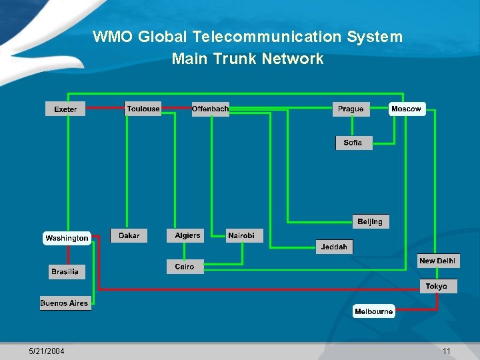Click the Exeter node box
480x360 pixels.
(65, 109)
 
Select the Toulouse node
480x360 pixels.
(143, 109)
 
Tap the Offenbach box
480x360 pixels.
(210, 109)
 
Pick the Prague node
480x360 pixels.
(351, 109)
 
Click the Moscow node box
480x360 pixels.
(406, 109)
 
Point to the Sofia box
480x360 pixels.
(353, 143)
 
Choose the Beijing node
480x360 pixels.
(370, 221)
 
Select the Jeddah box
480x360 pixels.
(334, 247)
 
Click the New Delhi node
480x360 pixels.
(437, 261)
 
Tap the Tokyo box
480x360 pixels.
(437, 286)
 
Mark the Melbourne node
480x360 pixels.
(373, 311)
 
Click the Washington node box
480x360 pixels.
(67, 238)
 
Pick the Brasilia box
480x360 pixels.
(65, 271)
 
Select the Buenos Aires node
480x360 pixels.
(65, 303)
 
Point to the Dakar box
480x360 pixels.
(129, 235)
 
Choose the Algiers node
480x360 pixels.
(187, 235)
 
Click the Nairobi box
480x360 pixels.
(241, 235)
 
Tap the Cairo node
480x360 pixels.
(185, 267)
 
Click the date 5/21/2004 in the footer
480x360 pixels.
(47, 351)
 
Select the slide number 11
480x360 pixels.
(446, 351)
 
